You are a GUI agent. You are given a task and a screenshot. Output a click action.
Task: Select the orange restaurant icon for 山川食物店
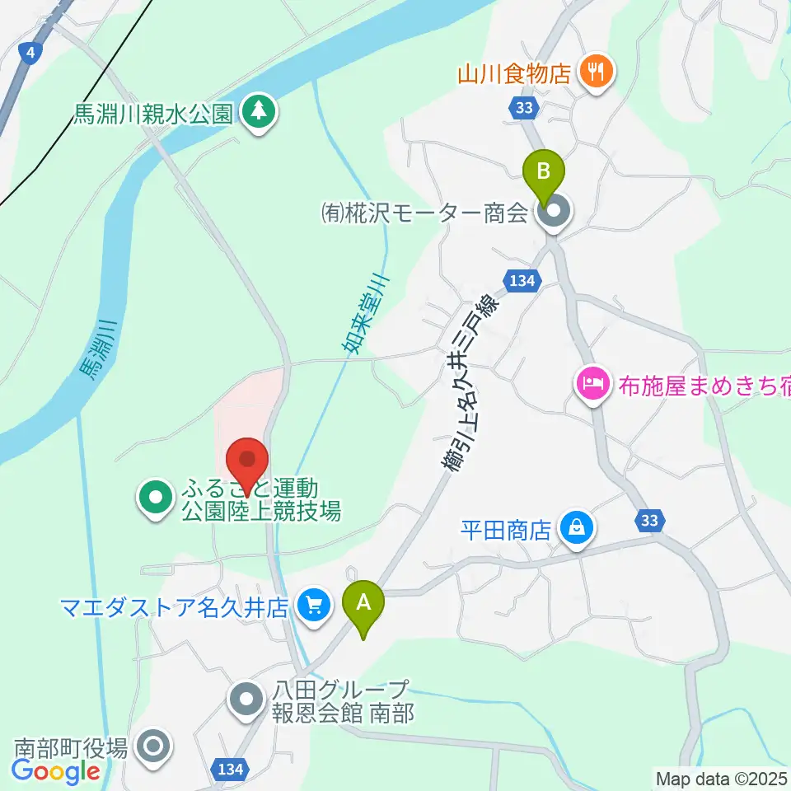pyautogui.click(x=593, y=73)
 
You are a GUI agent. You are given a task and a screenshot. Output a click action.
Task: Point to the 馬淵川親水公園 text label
pyautogui.click(x=152, y=114)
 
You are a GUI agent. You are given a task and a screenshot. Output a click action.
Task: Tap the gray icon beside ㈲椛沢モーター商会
pyautogui.click(x=552, y=214)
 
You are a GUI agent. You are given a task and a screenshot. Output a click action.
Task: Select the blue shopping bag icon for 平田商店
pyautogui.click(x=576, y=529)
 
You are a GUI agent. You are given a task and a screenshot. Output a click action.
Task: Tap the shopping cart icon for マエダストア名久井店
pyautogui.click(x=312, y=607)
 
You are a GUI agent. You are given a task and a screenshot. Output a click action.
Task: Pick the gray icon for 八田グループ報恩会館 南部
pyautogui.click(x=246, y=700)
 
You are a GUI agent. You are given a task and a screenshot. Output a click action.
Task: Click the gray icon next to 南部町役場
pyautogui.click(x=153, y=748)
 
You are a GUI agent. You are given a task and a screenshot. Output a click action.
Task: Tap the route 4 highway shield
pyautogui.click(x=30, y=54)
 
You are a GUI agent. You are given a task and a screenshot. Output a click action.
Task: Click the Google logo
pyautogui.click(x=55, y=772)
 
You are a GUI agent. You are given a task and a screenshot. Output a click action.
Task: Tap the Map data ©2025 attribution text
pyautogui.click(x=720, y=777)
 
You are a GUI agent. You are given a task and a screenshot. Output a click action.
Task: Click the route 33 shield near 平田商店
pyautogui.click(x=649, y=520)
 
